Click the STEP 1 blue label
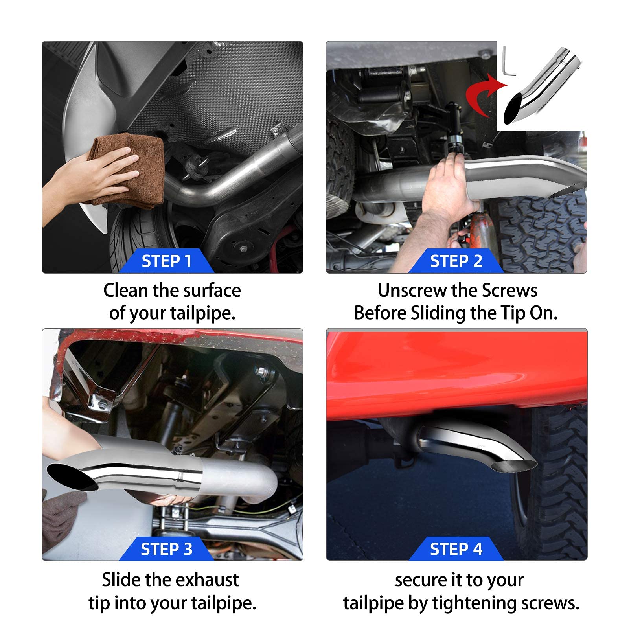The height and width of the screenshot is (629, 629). point(166,261)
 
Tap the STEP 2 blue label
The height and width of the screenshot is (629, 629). point(456,261)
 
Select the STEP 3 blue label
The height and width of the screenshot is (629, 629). point(166,549)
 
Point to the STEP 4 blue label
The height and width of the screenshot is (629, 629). point(456,549)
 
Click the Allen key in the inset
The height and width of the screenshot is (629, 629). point(507,63)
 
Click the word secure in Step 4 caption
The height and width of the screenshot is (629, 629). point(420,581)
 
